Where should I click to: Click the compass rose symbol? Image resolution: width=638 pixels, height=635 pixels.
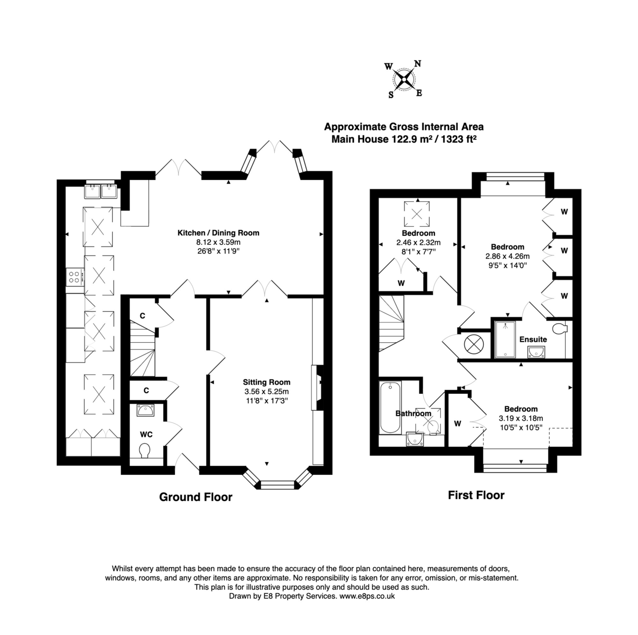pyautogui.click(x=405, y=79)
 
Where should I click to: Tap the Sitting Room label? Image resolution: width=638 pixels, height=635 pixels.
pyautogui.click(x=266, y=382)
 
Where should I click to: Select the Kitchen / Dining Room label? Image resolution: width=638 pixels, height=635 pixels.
pyautogui.click(x=218, y=233)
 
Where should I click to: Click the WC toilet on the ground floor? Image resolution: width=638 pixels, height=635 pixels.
pyautogui.click(x=144, y=451)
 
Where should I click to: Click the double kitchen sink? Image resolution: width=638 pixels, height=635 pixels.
pyautogui.click(x=101, y=190)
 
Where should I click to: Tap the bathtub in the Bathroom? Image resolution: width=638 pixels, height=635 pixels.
pyautogui.click(x=390, y=408)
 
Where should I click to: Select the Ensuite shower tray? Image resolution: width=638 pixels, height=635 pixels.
pyautogui.click(x=501, y=339)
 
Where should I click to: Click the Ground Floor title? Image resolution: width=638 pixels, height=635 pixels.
pyautogui.click(x=196, y=497)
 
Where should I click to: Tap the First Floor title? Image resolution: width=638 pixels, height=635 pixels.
pyautogui.click(x=476, y=495)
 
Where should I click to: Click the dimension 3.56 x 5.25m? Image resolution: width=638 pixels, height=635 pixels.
pyautogui.click(x=266, y=391)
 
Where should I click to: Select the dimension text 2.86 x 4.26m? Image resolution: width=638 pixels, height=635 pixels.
pyautogui.click(x=507, y=256)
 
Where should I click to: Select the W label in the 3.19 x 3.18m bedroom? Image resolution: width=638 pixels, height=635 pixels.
pyautogui.click(x=457, y=424)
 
